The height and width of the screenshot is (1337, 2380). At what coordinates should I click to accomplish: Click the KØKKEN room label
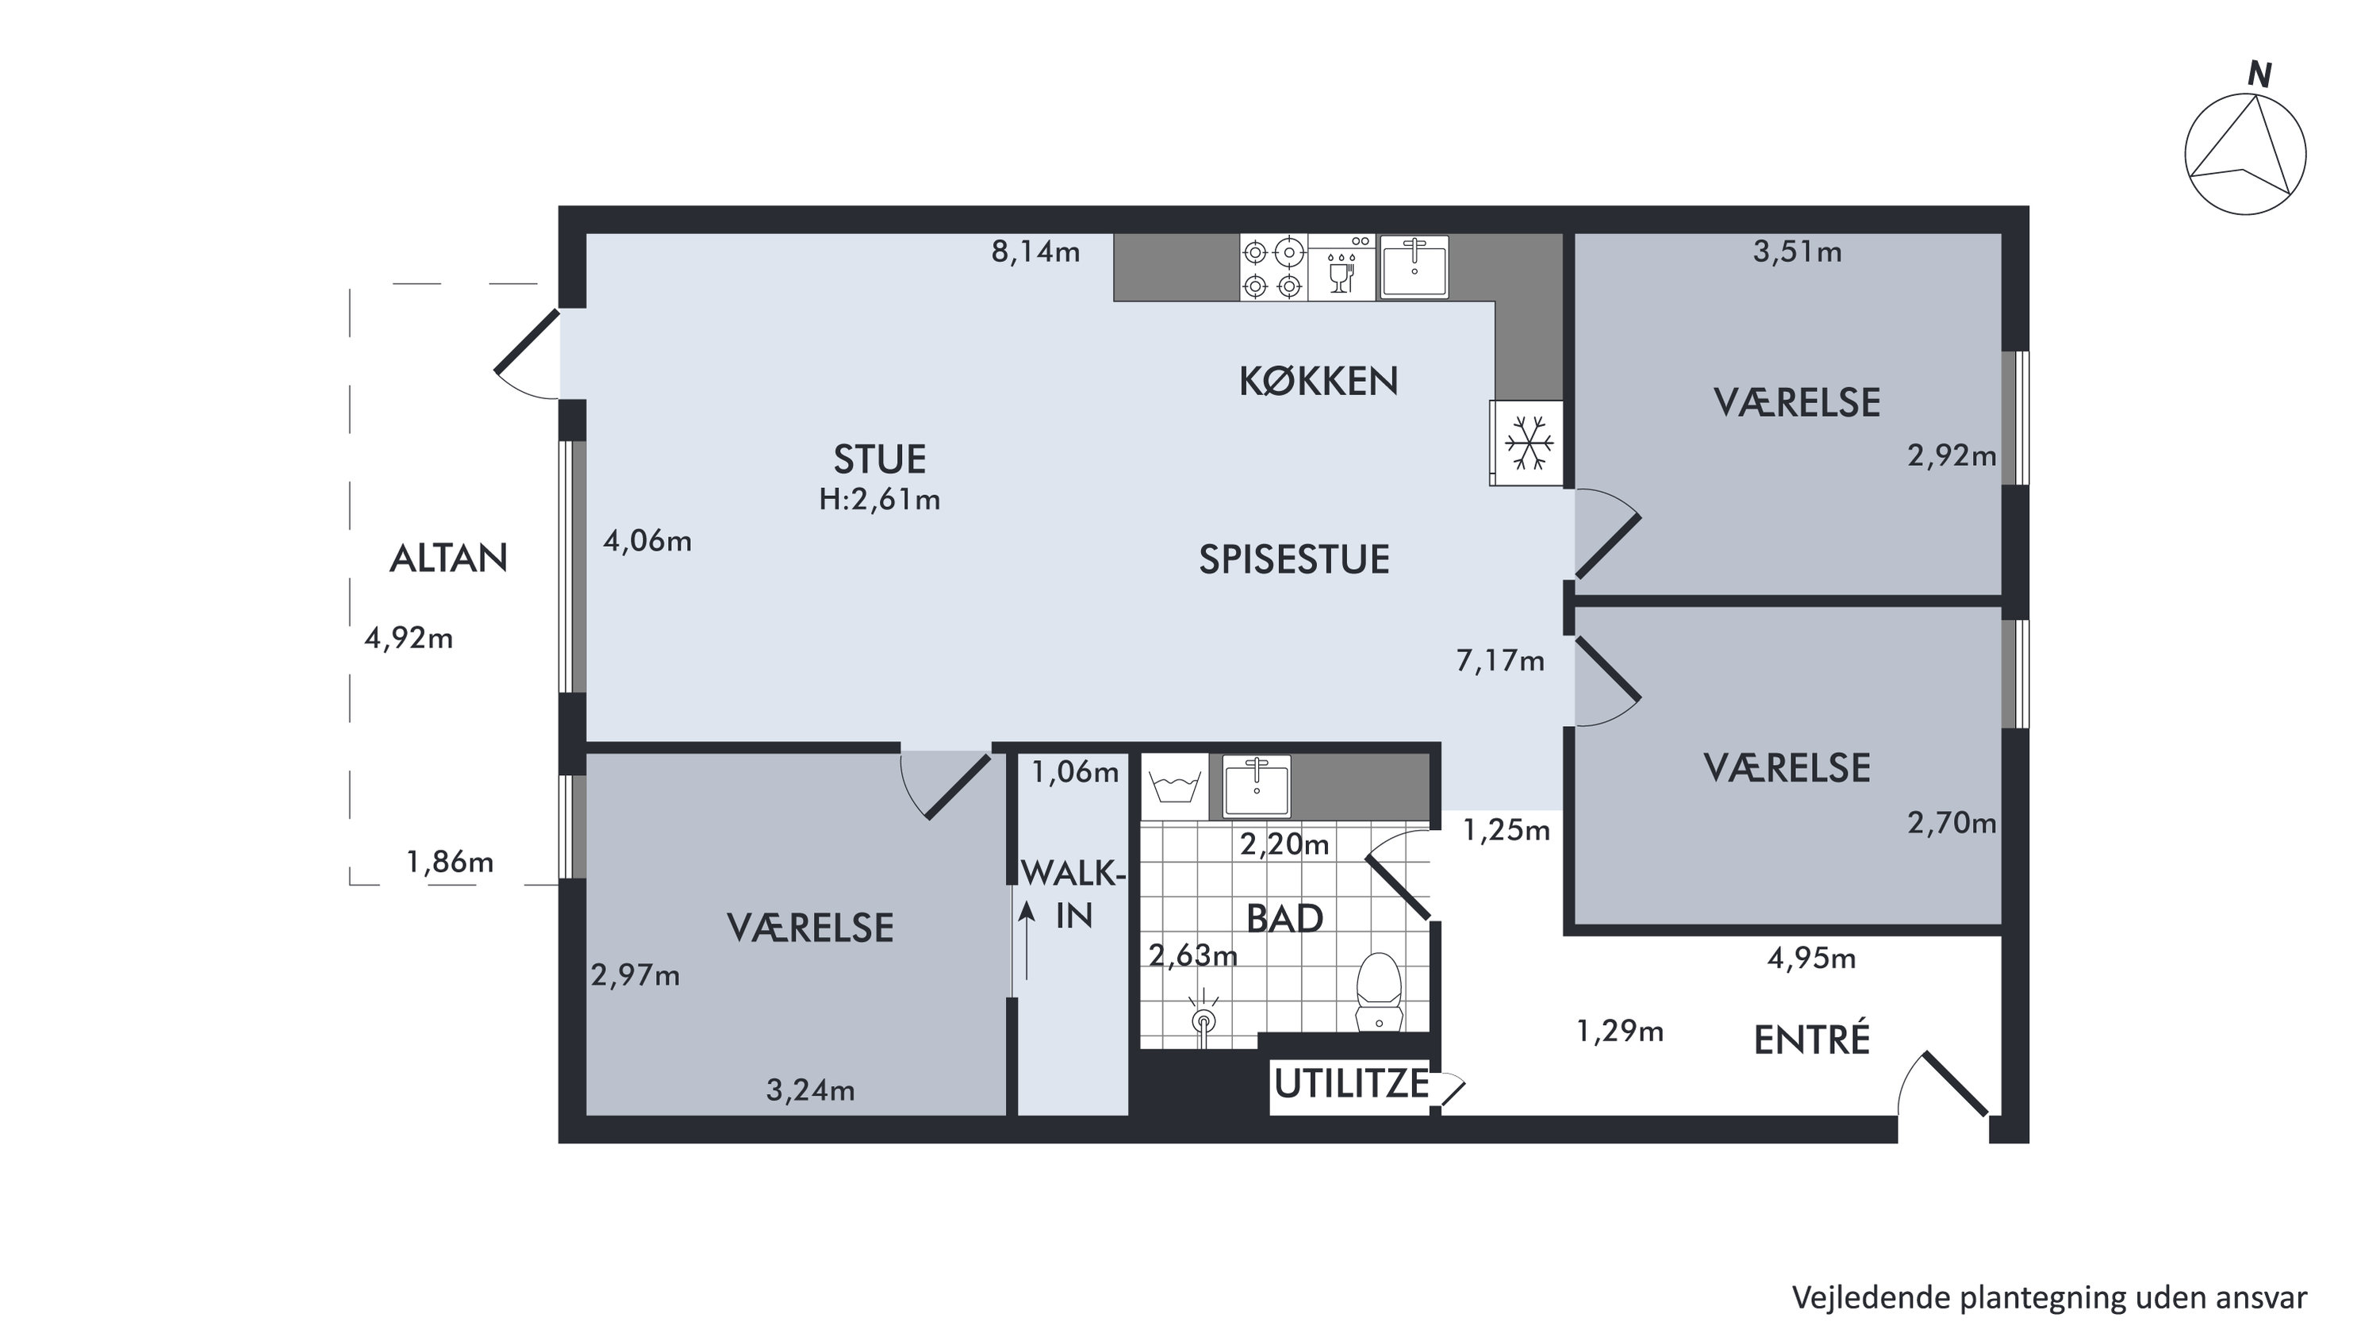[1318, 381]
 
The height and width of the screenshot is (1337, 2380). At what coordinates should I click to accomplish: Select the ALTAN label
[448, 558]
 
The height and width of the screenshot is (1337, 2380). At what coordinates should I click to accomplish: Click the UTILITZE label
[1351, 1083]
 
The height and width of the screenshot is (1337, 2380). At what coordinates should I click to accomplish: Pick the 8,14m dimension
[1036, 252]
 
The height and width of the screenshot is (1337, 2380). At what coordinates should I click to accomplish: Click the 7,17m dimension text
[1499, 661]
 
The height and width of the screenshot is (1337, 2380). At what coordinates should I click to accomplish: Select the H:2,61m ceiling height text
[880, 499]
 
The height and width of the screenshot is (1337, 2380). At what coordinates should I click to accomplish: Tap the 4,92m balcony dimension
[409, 637]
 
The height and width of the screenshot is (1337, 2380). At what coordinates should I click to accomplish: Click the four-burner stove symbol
[1273, 268]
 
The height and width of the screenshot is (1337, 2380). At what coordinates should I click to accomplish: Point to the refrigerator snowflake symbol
[1528, 443]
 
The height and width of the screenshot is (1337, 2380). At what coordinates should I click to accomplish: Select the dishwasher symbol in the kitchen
[1342, 268]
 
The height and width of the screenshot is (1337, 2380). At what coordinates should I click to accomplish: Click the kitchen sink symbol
[1414, 267]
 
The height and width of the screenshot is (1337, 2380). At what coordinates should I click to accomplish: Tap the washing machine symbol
[1174, 787]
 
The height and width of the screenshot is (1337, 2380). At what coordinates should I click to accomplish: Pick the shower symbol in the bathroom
[1203, 1019]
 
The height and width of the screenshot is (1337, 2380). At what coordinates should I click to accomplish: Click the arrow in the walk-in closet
[1026, 940]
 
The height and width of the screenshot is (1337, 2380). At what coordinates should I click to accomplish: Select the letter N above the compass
[2259, 75]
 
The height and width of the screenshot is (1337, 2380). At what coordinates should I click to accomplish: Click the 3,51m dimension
[1797, 252]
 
